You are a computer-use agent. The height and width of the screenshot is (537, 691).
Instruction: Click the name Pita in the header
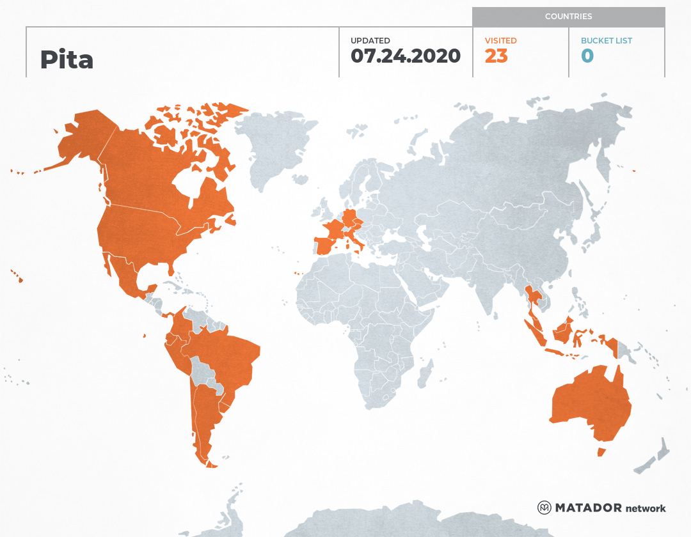click(67, 59)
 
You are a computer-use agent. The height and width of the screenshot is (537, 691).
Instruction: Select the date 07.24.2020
click(406, 56)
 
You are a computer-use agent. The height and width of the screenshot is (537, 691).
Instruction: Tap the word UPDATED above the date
click(370, 41)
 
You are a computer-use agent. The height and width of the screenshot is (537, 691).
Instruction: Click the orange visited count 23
click(496, 56)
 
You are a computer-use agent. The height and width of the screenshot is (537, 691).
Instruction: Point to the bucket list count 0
click(587, 56)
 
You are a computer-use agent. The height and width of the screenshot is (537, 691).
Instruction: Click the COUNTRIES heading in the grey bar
click(568, 17)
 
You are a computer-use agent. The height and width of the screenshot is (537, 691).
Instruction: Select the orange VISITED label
click(500, 41)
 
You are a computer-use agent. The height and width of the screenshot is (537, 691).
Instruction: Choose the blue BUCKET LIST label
click(606, 41)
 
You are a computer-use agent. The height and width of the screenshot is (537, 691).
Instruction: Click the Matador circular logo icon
click(544, 508)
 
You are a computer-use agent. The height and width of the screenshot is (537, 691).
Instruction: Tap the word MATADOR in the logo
click(588, 508)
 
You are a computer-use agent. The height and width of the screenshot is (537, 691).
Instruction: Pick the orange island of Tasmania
click(601, 452)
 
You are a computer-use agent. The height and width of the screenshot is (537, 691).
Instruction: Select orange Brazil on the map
click(230, 358)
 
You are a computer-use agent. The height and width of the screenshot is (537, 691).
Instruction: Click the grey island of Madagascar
click(425, 372)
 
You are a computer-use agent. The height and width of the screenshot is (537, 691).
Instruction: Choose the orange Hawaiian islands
click(17, 276)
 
